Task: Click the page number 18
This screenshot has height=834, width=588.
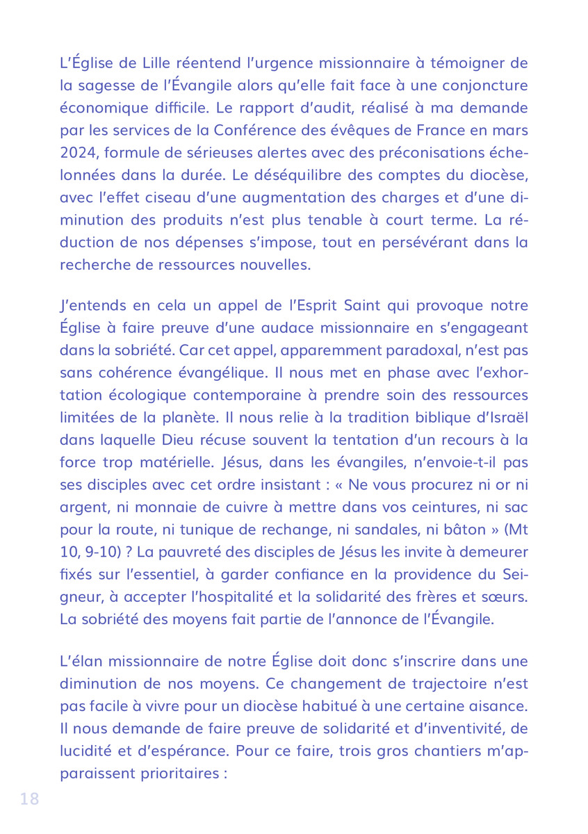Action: tap(30, 799)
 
